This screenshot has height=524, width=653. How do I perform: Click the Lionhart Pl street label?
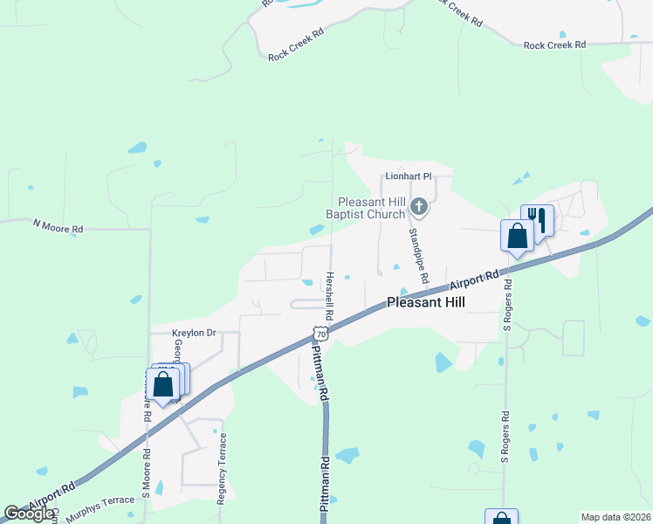pyautogui.click(x=409, y=176)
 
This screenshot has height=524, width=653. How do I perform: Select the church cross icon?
pyautogui.click(x=419, y=207)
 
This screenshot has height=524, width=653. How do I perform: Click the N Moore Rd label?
pyautogui.click(x=58, y=225)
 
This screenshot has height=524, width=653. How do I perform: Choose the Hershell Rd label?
pyautogui.click(x=329, y=293)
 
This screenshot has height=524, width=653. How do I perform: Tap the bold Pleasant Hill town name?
pyautogui.click(x=426, y=302)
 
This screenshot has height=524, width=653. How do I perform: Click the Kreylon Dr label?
pyautogui.click(x=193, y=333)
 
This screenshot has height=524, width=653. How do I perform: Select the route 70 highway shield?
pyautogui.click(x=321, y=334)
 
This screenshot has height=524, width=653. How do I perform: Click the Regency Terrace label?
pyautogui.click(x=222, y=468)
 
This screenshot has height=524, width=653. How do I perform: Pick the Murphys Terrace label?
pyautogui.click(x=100, y=501)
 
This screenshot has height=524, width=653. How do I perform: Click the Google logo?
pyautogui.click(x=29, y=514)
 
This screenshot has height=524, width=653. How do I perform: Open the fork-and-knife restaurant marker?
pyautogui.click(x=537, y=220)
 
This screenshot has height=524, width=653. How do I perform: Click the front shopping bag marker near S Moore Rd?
pyautogui.click(x=162, y=383)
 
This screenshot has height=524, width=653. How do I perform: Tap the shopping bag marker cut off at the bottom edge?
pyautogui.click(x=502, y=517)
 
